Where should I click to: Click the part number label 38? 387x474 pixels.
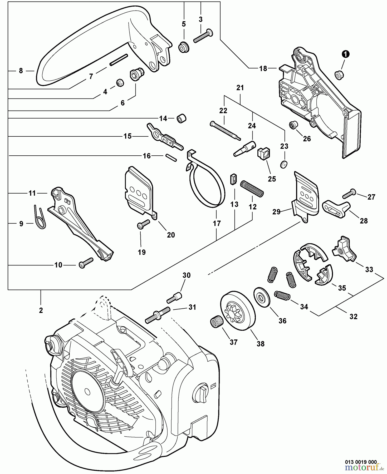click(260, 344)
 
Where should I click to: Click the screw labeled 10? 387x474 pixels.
click(86, 263)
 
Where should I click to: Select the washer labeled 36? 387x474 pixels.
click(262, 297)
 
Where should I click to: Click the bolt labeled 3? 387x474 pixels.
click(203, 36)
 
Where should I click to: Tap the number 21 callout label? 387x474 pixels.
click(240, 88)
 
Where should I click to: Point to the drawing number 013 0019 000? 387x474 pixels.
click(361, 462)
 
